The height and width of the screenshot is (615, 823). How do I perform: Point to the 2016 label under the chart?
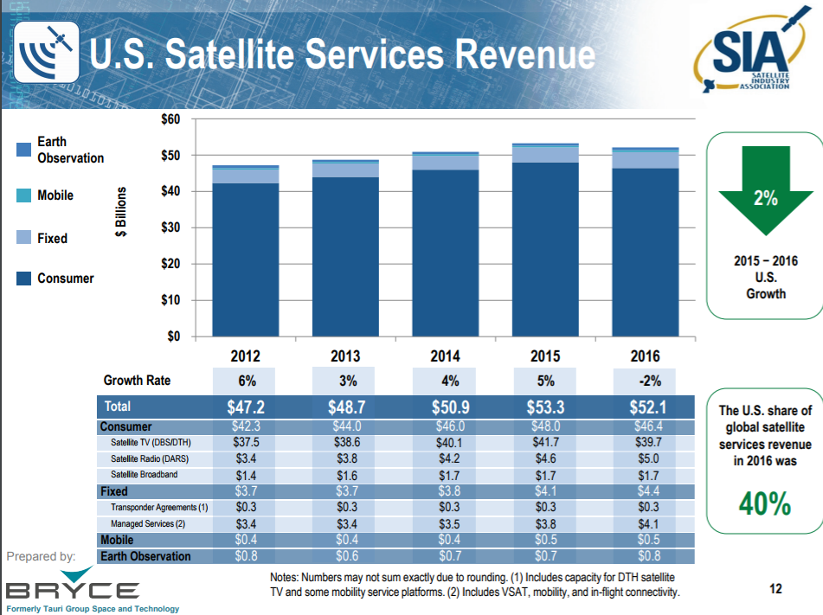click(645, 356)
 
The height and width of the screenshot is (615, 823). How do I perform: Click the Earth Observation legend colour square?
click(24, 150)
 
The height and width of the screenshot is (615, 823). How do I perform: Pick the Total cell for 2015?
click(545, 407)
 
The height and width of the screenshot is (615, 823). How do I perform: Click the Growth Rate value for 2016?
click(645, 381)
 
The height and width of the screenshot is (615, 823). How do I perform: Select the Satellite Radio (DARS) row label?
click(148, 458)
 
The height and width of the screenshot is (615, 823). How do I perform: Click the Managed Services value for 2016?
click(648, 523)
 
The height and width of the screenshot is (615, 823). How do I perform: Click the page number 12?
click(775, 589)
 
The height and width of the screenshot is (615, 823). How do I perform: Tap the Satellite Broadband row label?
click(145, 475)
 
